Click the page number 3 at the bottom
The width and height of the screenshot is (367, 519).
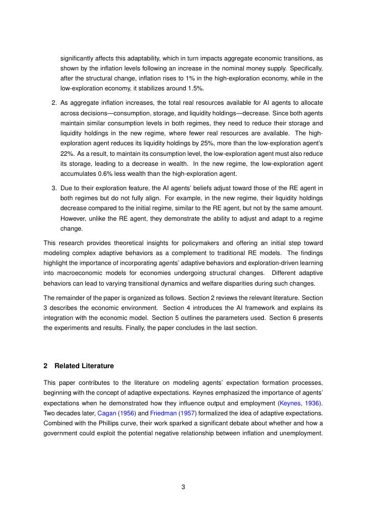coord(183,487)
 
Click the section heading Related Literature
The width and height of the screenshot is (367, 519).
coord(84,366)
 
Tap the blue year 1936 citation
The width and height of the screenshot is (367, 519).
coord(315,402)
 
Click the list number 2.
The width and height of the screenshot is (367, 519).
coord(54,103)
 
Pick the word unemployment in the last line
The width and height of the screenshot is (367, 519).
coord(302,434)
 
